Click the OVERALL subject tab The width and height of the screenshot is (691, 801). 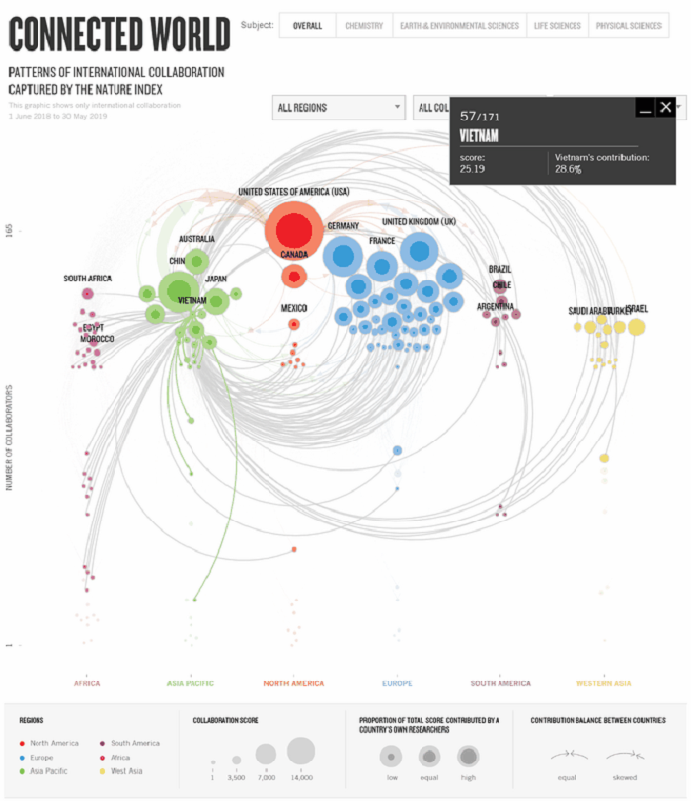click(307, 26)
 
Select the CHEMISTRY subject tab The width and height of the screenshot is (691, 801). click(363, 26)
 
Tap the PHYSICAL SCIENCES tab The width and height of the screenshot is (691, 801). click(627, 26)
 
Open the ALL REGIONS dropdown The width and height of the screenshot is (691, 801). click(339, 107)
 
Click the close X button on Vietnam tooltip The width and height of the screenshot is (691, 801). click(666, 108)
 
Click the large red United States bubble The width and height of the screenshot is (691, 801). click(293, 231)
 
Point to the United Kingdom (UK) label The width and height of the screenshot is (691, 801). click(419, 221)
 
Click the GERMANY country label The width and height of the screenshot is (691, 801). click(344, 226)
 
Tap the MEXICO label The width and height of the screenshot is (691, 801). click(294, 308)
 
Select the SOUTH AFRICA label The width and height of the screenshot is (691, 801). click(88, 279)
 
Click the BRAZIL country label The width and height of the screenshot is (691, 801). click(500, 269)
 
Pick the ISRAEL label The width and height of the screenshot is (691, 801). click(638, 310)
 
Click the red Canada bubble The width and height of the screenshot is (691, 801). click(294, 276)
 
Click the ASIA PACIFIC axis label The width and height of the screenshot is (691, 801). click(190, 682)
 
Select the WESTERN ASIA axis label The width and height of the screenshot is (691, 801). click(603, 682)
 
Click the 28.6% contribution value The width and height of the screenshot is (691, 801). click(568, 170)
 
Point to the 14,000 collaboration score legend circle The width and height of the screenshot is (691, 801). click(301, 752)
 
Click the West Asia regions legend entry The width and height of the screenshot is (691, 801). click(126, 770)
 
